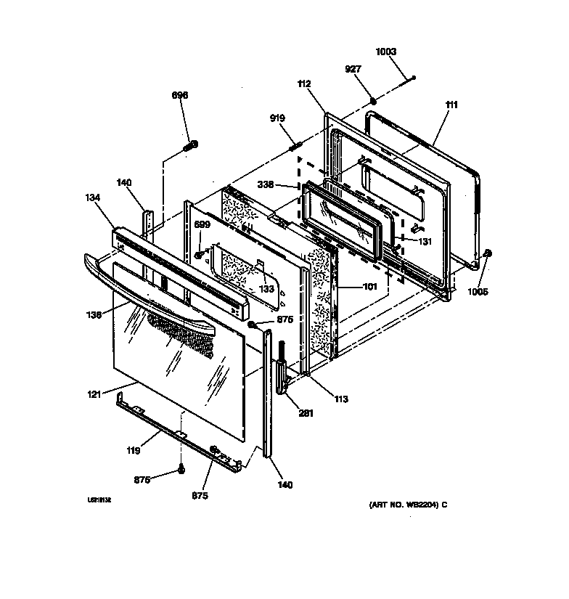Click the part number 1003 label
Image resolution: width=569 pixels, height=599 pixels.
coord(386,52)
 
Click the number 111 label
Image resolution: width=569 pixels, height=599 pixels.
coord(451,105)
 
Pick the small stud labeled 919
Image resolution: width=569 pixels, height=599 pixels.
coord(296,147)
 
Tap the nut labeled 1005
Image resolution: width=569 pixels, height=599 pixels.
coord(488,253)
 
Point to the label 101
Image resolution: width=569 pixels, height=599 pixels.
coord(370,286)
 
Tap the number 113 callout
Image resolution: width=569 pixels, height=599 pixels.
coord(341,399)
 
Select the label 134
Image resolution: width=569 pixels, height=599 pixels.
coord(93,197)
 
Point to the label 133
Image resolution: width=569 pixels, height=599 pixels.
coord(268,288)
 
